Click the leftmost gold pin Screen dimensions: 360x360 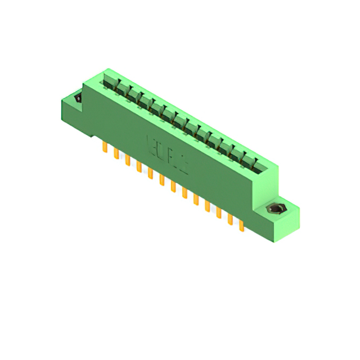coord(105,147)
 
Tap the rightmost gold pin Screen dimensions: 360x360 coord(241,226)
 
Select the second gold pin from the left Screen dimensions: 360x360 coord(116,154)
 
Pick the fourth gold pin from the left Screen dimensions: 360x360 coord(139,166)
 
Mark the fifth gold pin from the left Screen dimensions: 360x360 coord(150,173)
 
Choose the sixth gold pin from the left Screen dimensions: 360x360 coord(161,179)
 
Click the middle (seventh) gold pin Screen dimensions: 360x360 coord(173,186)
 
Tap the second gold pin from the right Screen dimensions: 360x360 coord(230,219)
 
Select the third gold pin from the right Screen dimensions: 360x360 coord(219,213)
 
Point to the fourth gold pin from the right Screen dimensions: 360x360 coord(208,206)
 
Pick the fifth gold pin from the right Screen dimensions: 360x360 coord(196,200)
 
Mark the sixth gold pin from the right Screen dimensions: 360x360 coord(184,193)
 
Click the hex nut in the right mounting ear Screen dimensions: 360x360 coord(275,210)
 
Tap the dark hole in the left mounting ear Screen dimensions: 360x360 coord(78,99)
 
